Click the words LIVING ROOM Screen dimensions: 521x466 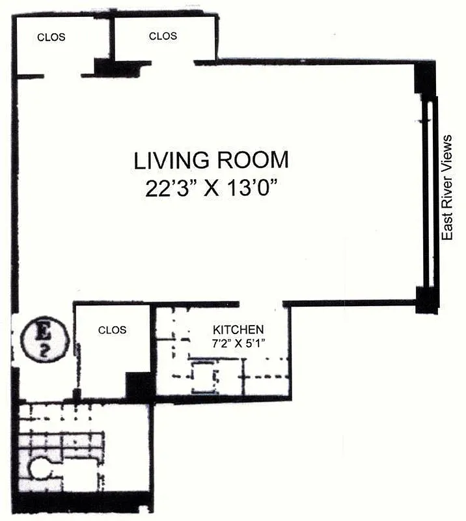point(210,160)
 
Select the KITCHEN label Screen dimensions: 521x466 point(239,329)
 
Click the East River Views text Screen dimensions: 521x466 point(447,188)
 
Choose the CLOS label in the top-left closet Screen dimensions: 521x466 point(52,37)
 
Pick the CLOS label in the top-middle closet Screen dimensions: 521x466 point(163,36)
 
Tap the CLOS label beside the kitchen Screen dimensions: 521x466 point(112,330)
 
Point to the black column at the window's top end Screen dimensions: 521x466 point(424,81)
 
